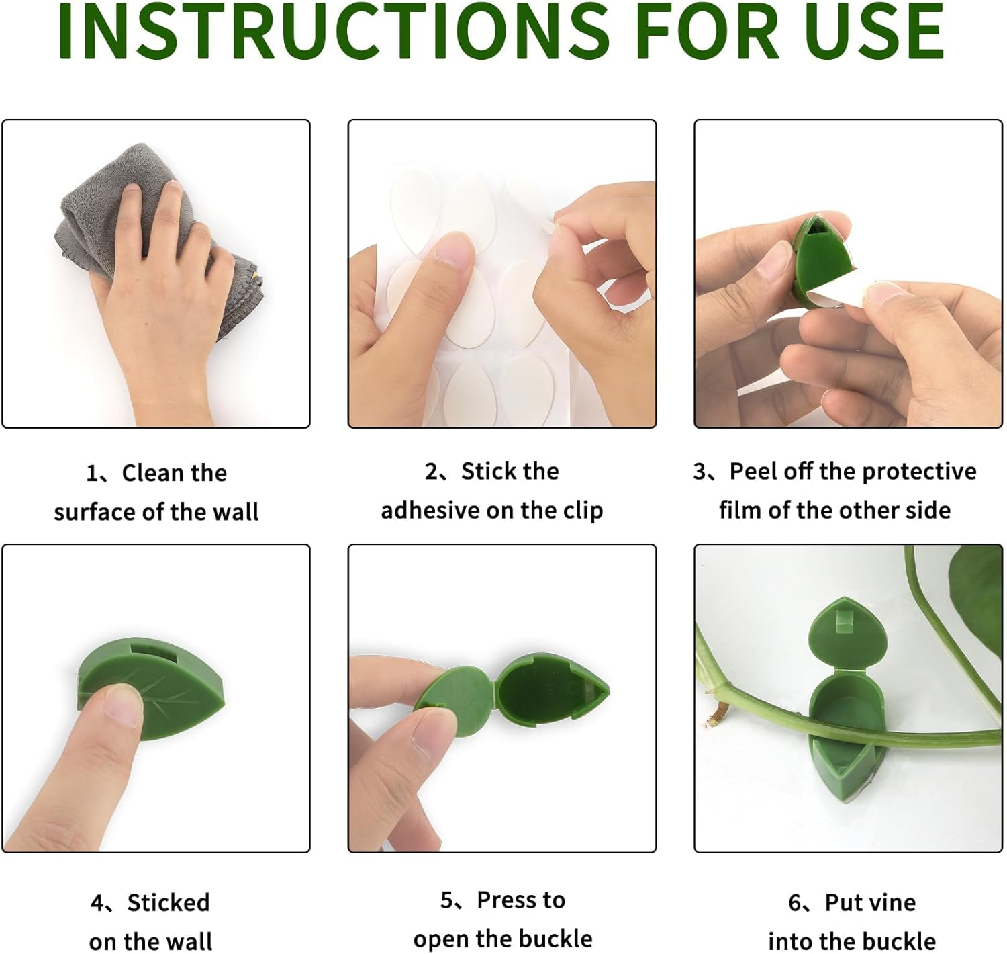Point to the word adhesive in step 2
pos(430,511)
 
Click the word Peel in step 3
pos(753,472)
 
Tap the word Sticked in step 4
pos(169,902)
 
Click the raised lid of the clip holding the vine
pos(847,632)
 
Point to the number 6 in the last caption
pos(794,902)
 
